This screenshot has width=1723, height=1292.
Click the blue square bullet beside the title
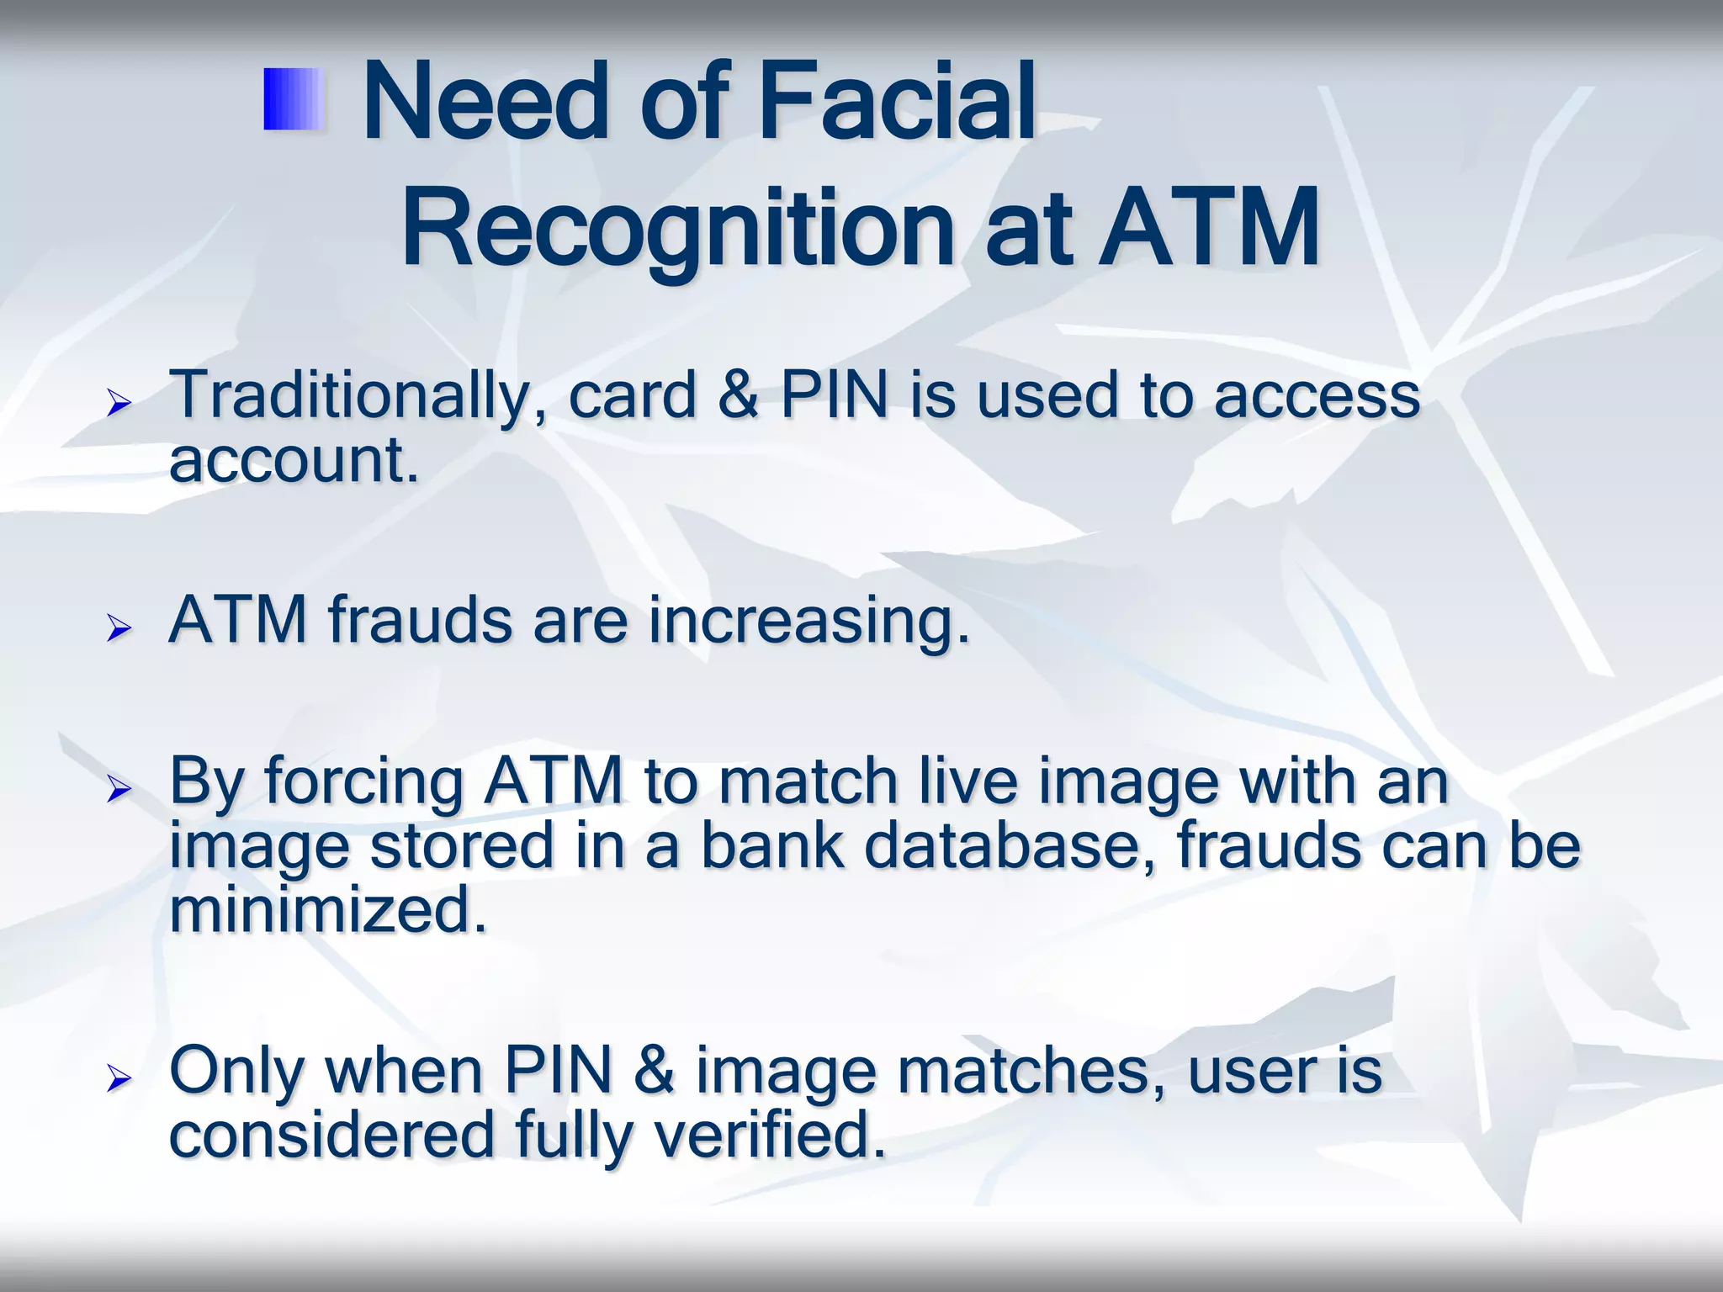pyautogui.click(x=294, y=100)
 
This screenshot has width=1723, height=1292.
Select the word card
pyautogui.click(x=632, y=395)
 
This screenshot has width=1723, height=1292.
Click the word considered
pyautogui.click(x=331, y=1135)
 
